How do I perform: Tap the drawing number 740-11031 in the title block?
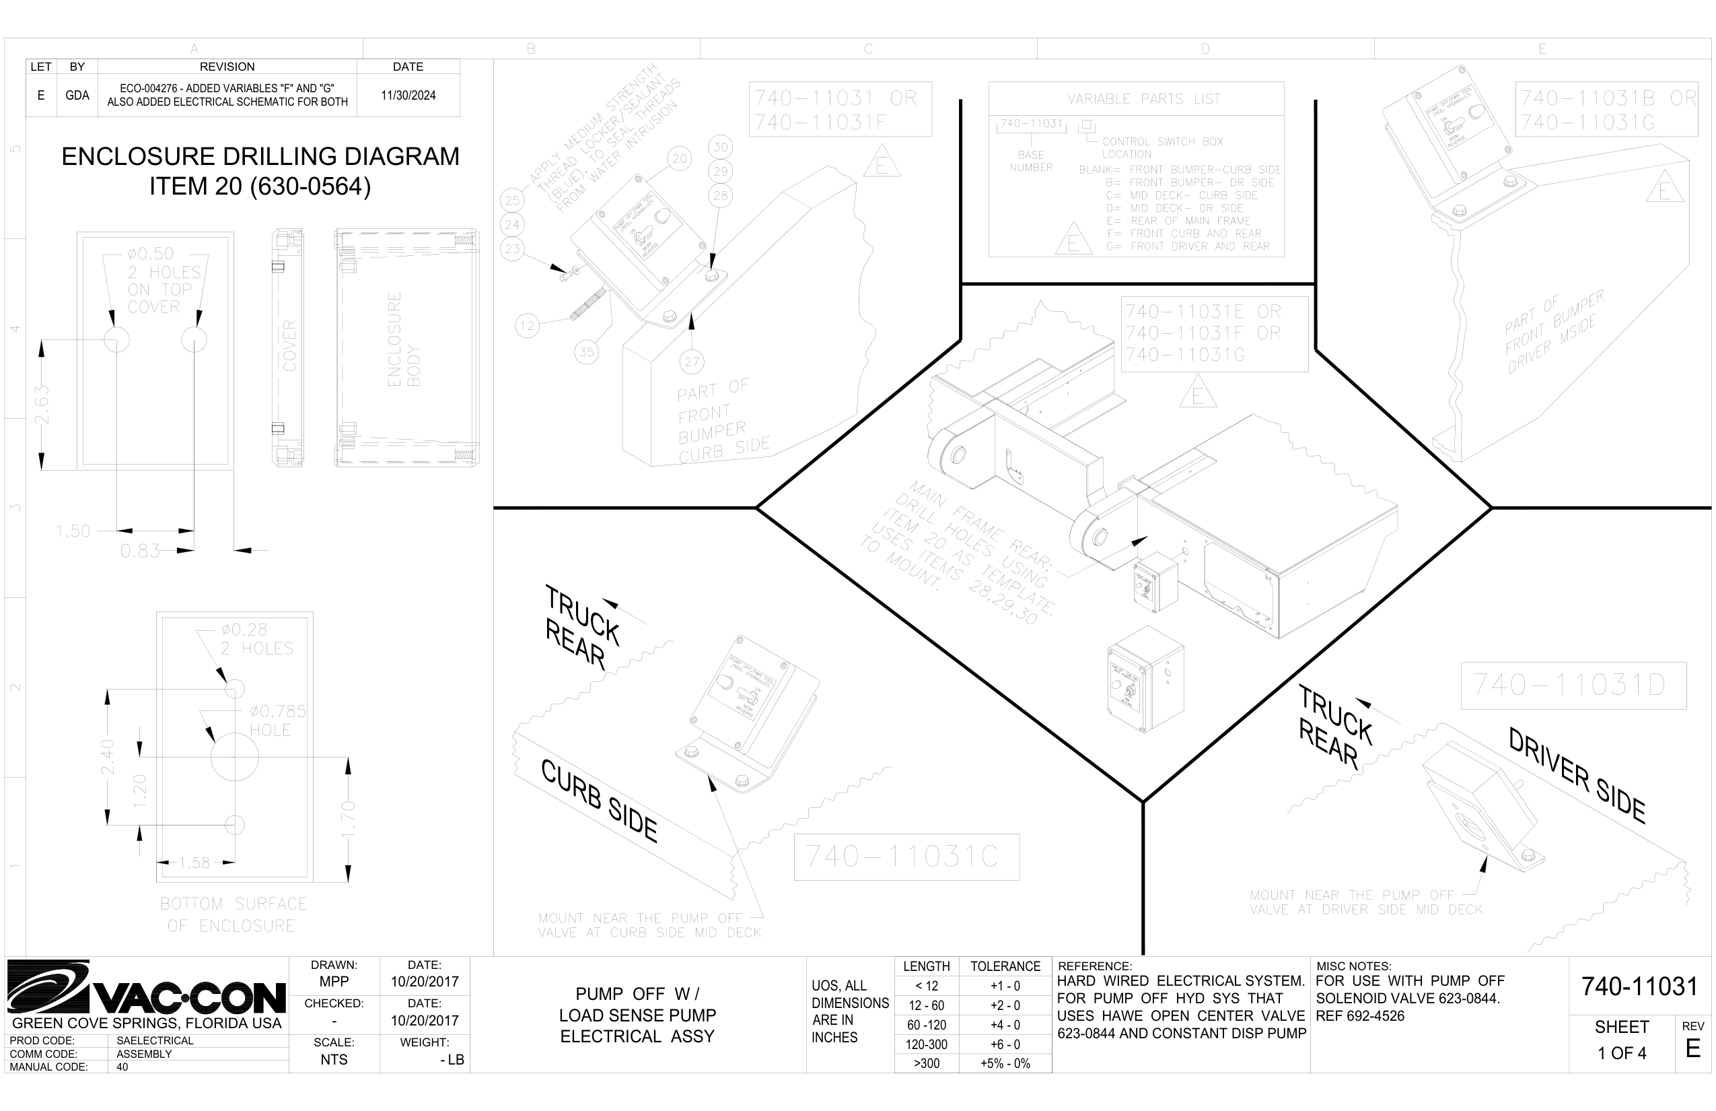coord(1639,986)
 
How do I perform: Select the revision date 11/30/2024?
coord(408,95)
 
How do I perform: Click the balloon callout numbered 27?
coord(692,362)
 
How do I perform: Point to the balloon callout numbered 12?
coord(527,326)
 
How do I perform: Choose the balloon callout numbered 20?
coord(679,158)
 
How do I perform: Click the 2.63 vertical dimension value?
coord(42,405)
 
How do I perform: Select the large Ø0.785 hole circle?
coord(234,757)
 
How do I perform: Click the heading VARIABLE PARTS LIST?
coord(1143,99)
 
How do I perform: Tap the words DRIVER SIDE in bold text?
coord(1577,776)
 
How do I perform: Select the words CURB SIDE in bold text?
coord(599,801)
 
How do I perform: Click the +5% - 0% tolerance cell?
coord(1005,1063)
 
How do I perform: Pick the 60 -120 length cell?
coord(927,1024)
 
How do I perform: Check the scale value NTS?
coord(334,1059)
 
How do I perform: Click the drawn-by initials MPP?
coord(334,981)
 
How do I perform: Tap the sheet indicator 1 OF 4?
coord(1622,1053)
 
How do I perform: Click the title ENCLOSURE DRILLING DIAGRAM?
coord(260,156)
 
